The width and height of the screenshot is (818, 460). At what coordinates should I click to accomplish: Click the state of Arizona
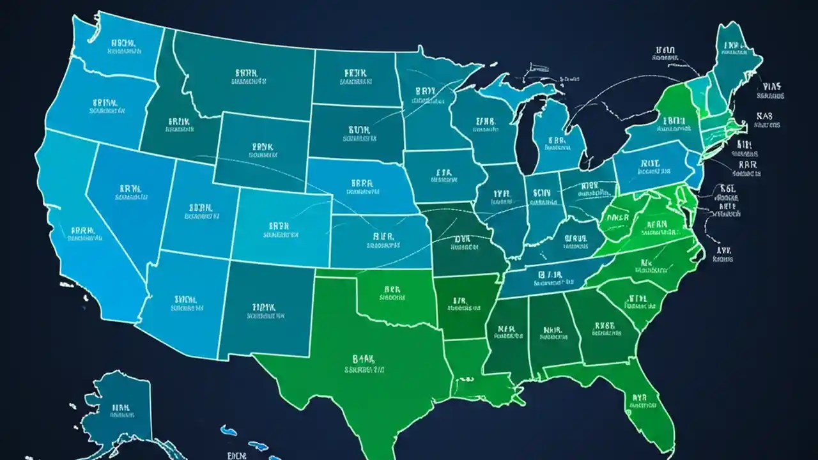[185, 300]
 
